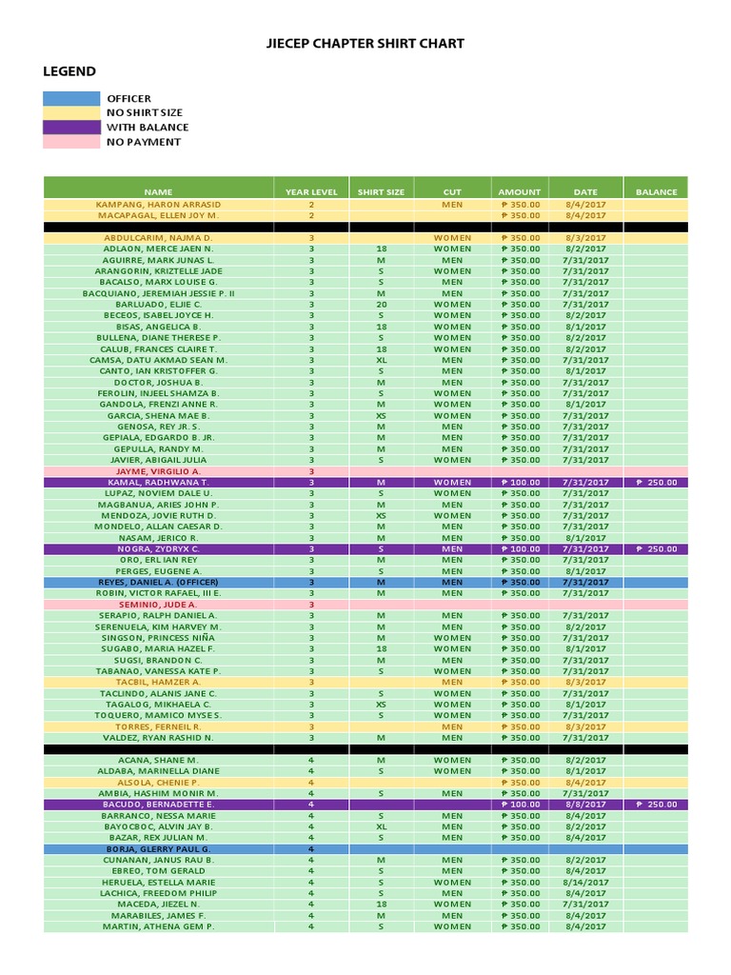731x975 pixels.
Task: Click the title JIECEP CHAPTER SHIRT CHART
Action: coord(365,44)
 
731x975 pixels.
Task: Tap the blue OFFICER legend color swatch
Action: coord(71,98)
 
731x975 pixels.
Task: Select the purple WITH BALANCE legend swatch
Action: coord(71,127)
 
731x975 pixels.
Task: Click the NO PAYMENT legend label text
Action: coord(144,142)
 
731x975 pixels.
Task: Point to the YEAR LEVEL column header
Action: coord(311,191)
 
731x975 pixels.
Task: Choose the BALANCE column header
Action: coord(656,191)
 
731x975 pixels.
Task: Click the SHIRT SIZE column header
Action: coord(381,191)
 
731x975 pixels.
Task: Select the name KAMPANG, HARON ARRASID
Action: coord(158,205)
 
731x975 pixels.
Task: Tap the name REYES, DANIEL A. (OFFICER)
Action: coord(158,582)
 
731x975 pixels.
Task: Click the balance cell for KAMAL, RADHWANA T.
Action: coord(656,483)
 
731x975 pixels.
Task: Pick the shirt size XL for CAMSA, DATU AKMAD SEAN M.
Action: coord(381,361)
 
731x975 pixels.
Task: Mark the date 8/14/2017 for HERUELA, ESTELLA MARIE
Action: coord(585,882)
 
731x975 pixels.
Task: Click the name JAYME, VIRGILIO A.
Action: coord(158,471)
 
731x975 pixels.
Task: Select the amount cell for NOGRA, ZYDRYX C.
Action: coord(520,549)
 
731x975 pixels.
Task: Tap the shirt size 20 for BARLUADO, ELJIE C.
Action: coord(381,305)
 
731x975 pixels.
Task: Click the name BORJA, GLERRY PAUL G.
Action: coord(158,848)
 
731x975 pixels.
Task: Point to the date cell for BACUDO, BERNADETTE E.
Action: coord(585,805)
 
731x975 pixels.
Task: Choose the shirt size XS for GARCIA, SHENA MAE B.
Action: coord(381,416)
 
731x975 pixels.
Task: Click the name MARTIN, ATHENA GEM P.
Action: coord(158,926)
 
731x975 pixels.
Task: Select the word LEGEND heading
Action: coord(69,71)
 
